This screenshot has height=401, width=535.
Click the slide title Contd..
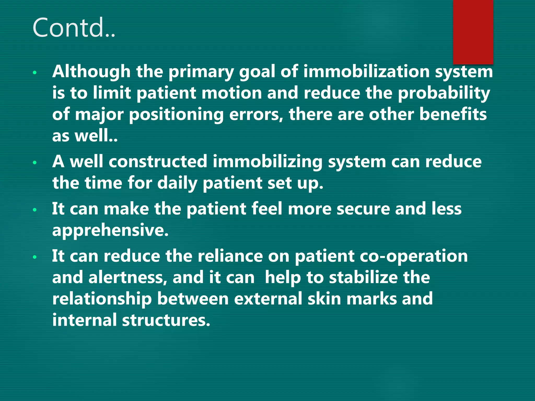click(74, 28)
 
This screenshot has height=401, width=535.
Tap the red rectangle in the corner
click(473, 32)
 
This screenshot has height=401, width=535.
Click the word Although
click(91, 72)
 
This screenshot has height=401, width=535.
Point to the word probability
click(444, 93)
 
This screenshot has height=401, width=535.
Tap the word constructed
click(158, 161)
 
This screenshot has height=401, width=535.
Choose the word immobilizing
click(267, 161)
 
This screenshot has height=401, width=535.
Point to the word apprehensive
click(110, 230)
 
